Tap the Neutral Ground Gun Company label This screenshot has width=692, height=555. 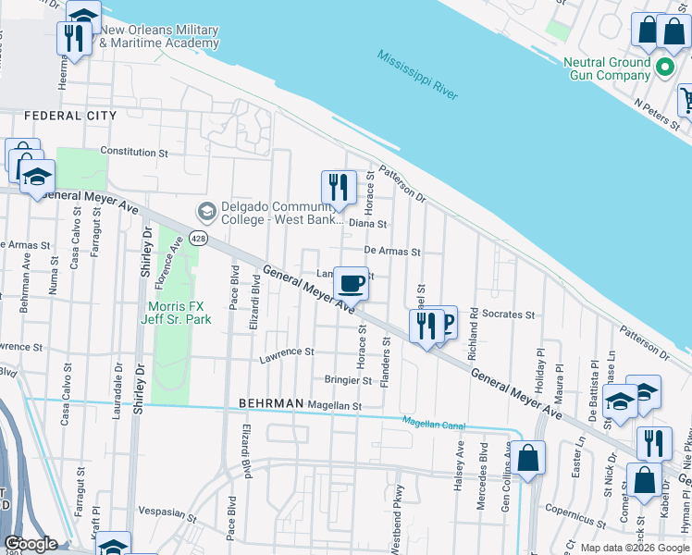coord(607,68)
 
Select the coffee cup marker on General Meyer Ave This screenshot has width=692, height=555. coord(351,283)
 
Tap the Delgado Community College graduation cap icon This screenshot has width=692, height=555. coord(205,212)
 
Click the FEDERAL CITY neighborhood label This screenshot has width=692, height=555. coord(70,116)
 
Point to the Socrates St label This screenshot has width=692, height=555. coord(509,314)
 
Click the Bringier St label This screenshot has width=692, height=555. coord(347,380)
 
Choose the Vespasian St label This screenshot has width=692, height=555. coord(168,511)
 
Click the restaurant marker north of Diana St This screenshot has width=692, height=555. coord(339,188)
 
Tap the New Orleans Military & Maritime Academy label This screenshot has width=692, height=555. coord(159,36)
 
